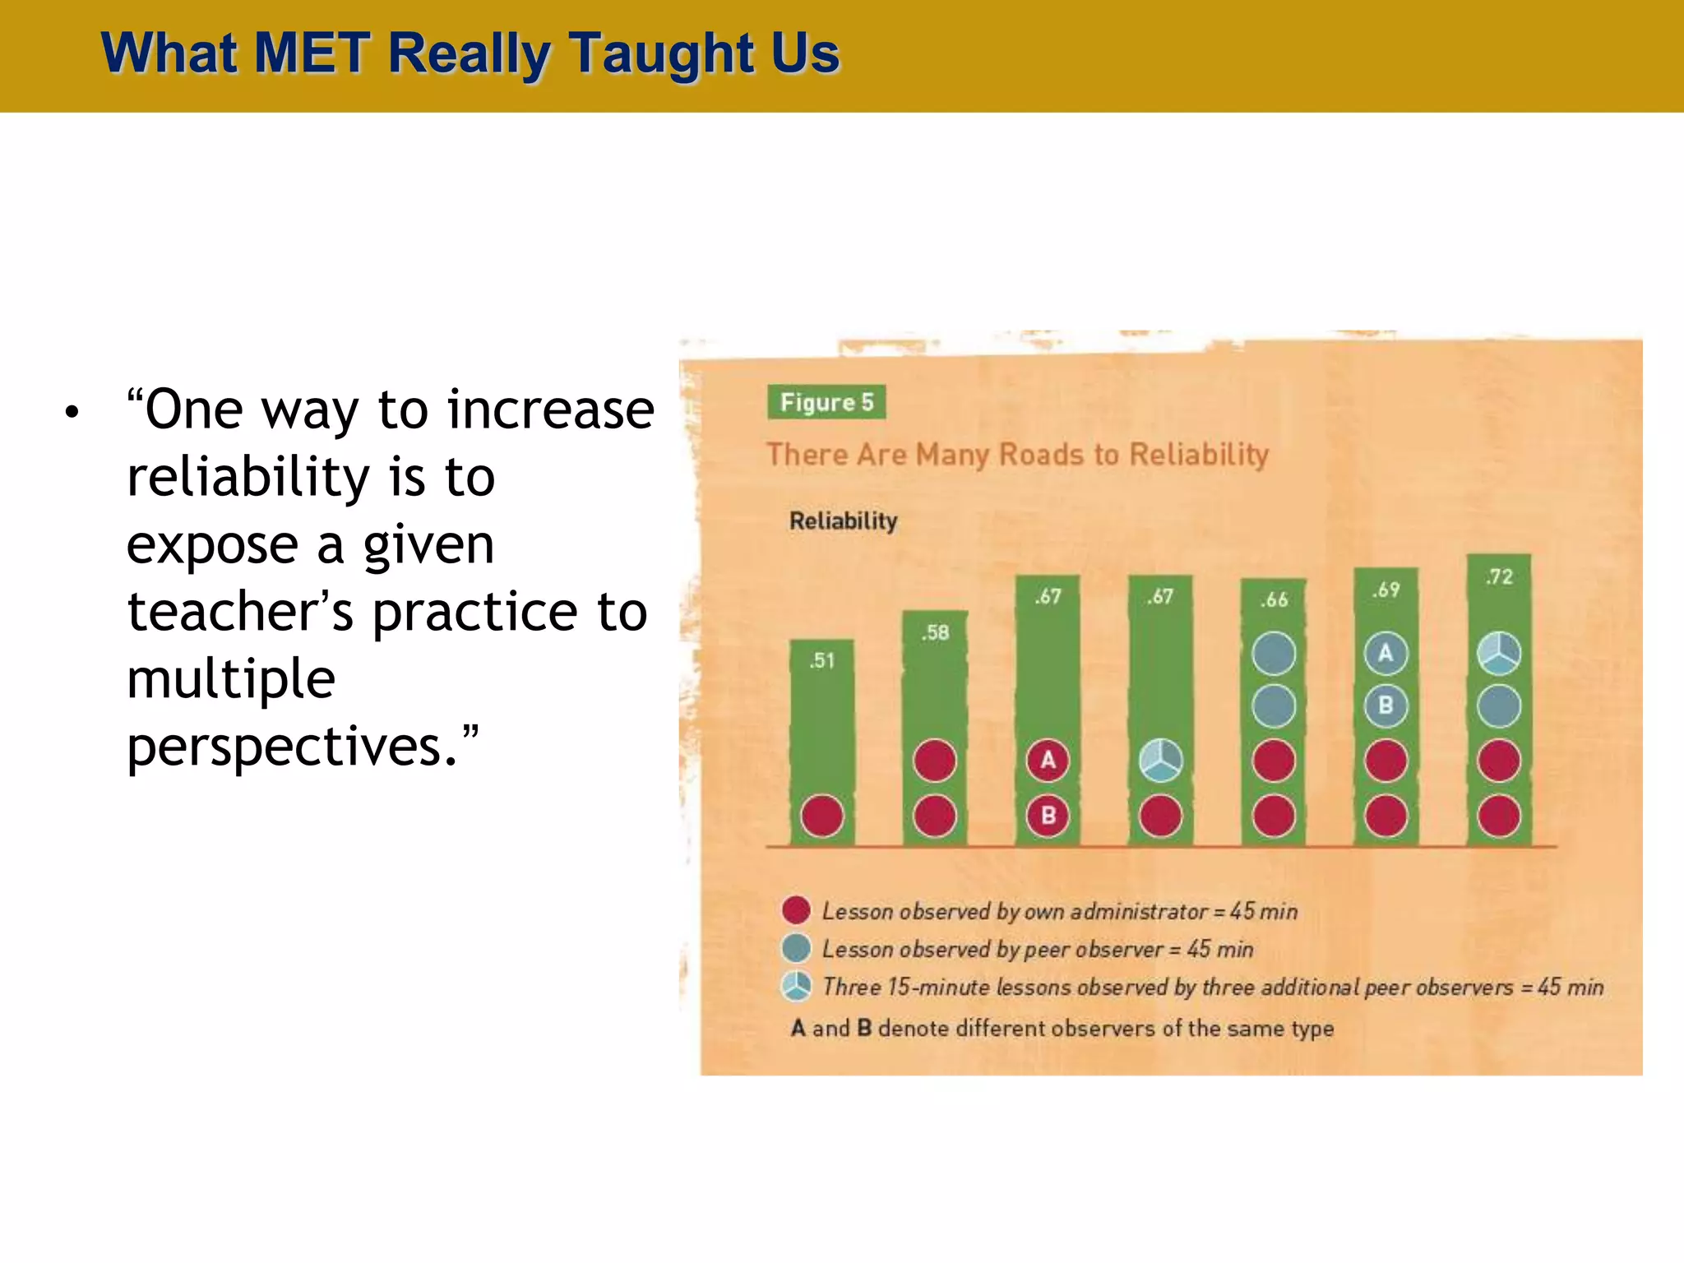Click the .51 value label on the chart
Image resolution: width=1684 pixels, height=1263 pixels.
[821, 660]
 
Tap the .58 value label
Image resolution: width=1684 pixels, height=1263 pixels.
[935, 632]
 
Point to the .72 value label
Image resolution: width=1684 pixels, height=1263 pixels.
[1499, 576]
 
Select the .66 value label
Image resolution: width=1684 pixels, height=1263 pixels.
[1274, 599]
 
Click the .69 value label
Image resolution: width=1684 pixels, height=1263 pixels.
[1386, 590]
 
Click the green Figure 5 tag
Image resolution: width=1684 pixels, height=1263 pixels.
[826, 402]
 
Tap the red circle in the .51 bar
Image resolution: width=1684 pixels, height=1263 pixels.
[822, 816]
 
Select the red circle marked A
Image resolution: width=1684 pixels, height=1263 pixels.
[1048, 760]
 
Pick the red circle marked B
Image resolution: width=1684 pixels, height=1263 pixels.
[1048, 816]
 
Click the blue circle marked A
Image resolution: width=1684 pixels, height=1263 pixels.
[1386, 654]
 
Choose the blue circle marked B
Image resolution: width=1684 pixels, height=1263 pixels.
[1386, 706]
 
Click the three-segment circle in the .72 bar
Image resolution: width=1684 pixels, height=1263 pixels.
[1499, 654]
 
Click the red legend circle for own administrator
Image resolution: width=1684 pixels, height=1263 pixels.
[796, 910]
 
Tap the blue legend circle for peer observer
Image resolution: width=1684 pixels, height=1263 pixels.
[796, 948]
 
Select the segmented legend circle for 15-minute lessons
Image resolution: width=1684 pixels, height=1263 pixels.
[796, 986]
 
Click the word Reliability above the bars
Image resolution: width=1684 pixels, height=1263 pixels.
[843, 520]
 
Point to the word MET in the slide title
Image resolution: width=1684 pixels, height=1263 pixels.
[312, 53]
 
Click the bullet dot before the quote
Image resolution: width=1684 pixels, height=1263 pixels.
[72, 411]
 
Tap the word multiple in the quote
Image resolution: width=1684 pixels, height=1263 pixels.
[231, 679]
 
